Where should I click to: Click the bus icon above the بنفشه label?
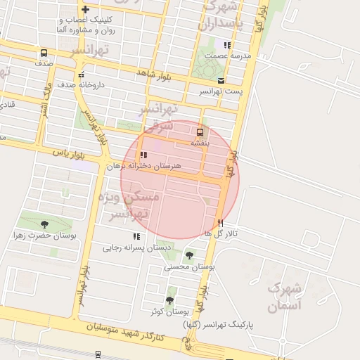pyautogui.click(x=200, y=131)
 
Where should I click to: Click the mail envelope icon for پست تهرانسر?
pyautogui.click(x=221, y=80)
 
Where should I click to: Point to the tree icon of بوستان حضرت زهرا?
pyautogui.click(x=44, y=224)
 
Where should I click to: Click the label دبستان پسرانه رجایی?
pyautogui.click(x=136, y=247)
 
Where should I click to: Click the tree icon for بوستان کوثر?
pyautogui.click(x=169, y=300)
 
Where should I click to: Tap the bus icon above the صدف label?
pyautogui.click(x=44, y=53)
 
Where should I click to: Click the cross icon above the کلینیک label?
pyautogui.click(x=85, y=10)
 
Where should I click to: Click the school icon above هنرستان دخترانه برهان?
pyautogui.click(x=143, y=155)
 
